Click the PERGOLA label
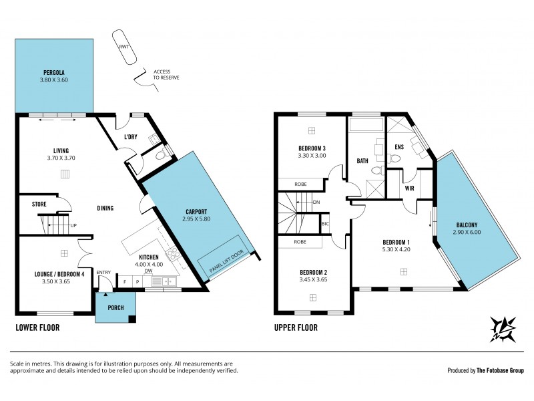point(53,72)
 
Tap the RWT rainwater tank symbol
point(125,47)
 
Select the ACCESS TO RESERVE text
point(166,74)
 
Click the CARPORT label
point(198,211)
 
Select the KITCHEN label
point(148,257)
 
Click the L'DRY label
point(131,138)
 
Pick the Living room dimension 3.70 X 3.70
point(61,158)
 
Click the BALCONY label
point(467,225)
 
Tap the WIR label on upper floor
point(410,188)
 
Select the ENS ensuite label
point(399,146)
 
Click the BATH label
point(362,161)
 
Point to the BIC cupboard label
point(325,223)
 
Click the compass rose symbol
point(505,329)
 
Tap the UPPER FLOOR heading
point(296,328)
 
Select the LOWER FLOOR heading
point(37,328)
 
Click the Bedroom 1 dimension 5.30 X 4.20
point(396,249)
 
